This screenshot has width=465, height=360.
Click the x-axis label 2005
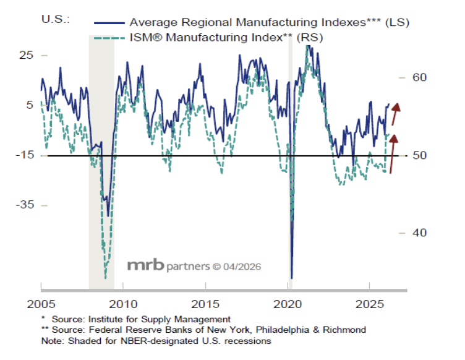tap(40, 304)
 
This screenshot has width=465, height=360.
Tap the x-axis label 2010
tap(122, 304)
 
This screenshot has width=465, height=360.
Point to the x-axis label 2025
tap(369, 304)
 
